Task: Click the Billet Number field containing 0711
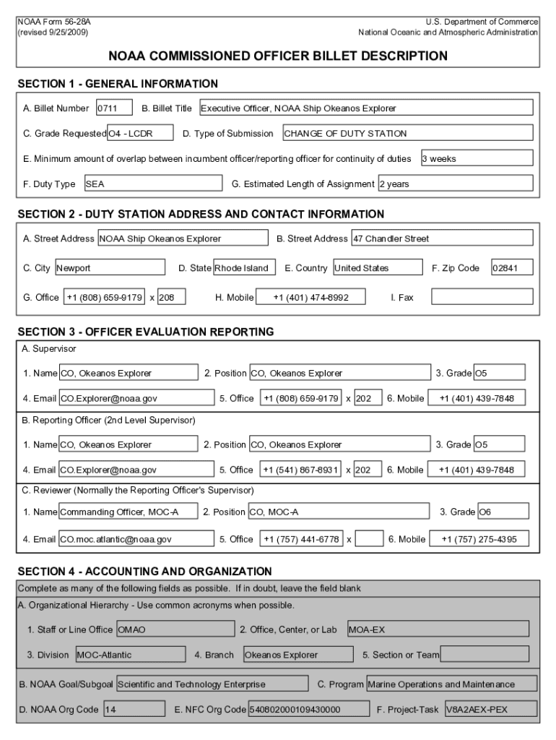coord(113,108)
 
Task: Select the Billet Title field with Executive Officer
coord(365,108)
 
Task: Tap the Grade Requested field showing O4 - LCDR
coord(140,134)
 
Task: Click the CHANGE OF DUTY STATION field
coord(407,134)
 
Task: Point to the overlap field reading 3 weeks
coord(476,158)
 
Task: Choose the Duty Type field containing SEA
coord(152,184)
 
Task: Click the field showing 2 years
coord(455,184)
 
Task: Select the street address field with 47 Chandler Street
coord(442,238)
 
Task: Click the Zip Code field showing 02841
coord(511,268)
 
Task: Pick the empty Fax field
coord(481,297)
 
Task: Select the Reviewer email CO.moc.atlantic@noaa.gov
coord(136,539)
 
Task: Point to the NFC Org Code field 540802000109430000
coord(305,710)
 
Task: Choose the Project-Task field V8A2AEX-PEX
coord(490,710)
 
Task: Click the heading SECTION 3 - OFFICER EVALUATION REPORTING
coord(146,332)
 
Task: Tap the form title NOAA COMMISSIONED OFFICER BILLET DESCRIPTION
coord(278,56)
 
